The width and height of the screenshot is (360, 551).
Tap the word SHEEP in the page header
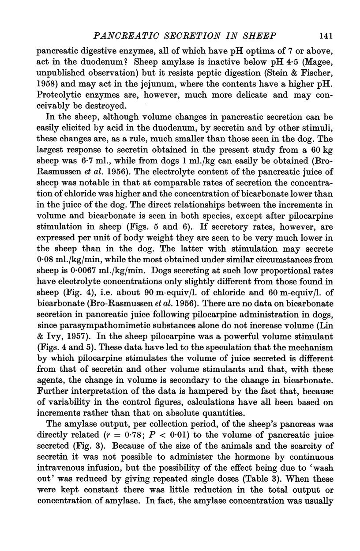tap(261, 35)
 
